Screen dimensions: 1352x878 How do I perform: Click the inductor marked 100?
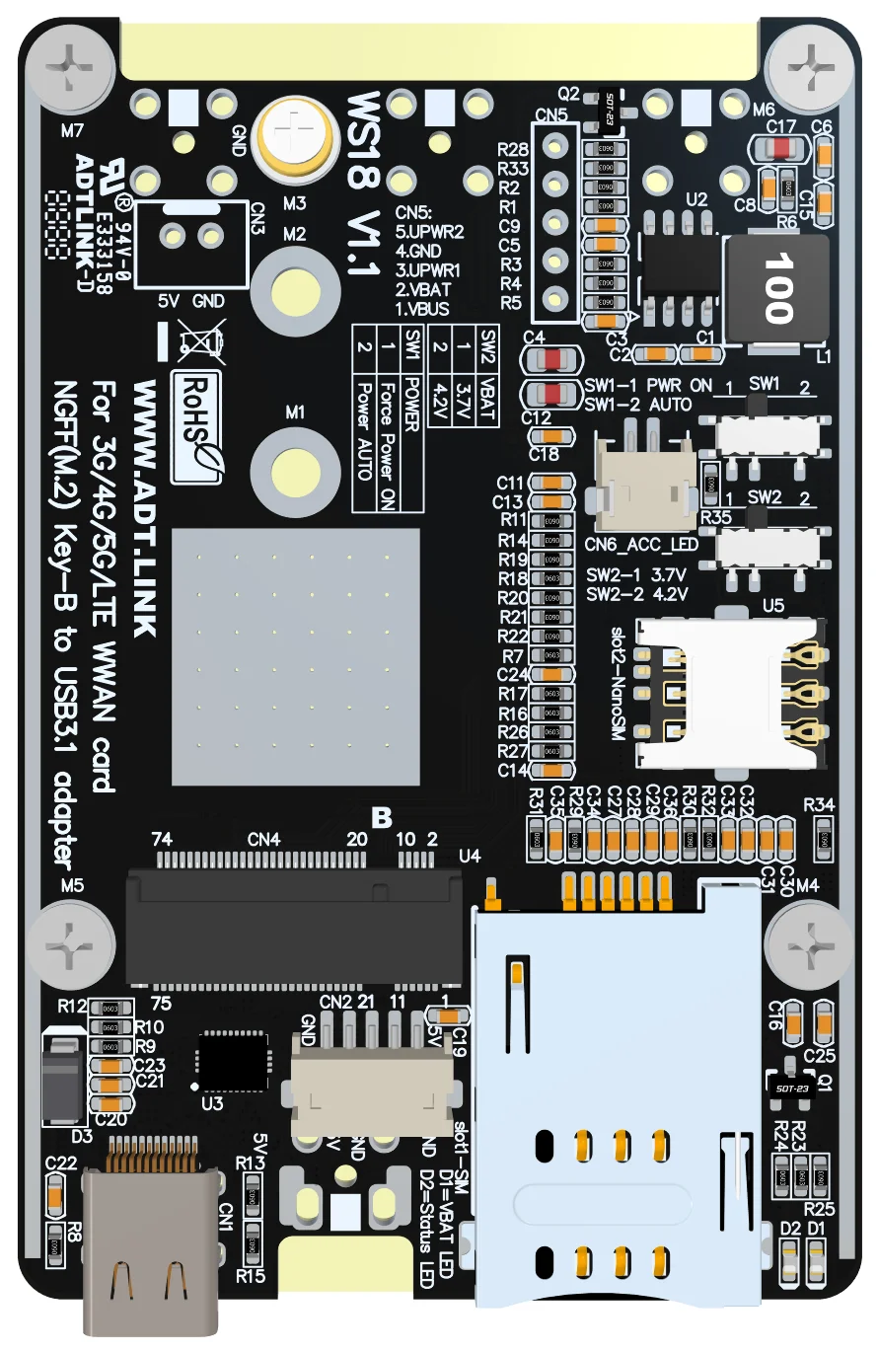(x=776, y=292)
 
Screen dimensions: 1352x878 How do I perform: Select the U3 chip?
(x=233, y=1061)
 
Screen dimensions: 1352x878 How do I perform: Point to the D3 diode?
(x=62, y=1078)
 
